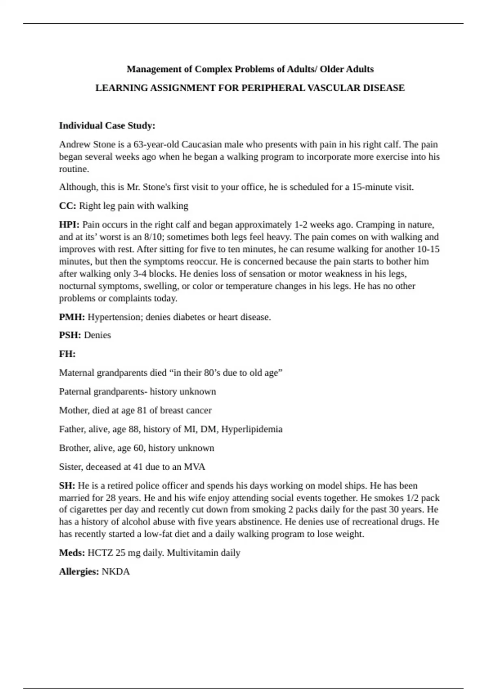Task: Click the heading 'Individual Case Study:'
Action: pyautogui.click(x=107, y=126)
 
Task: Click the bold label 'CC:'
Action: pyautogui.click(x=67, y=206)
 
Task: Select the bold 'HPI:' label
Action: pyautogui.click(x=69, y=225)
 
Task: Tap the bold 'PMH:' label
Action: pyautogui.click(x=72, y=317)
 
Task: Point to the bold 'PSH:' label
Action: pyautogui.click(x=70, y=335)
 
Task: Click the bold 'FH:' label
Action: pyautogui.click(x=67, y=354)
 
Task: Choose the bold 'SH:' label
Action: pyautogui.click(x=67, y=486)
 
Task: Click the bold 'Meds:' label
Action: pyautogui.click(x=72, y=553)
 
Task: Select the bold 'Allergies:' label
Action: pyautogui.click(x=79, y=572)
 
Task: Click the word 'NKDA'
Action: pyautogui.click(x=116, y=572)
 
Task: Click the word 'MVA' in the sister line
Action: pyautogui.click(x=194, y=467)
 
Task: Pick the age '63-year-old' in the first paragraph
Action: pyautogui.click(x=156, y=145)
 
